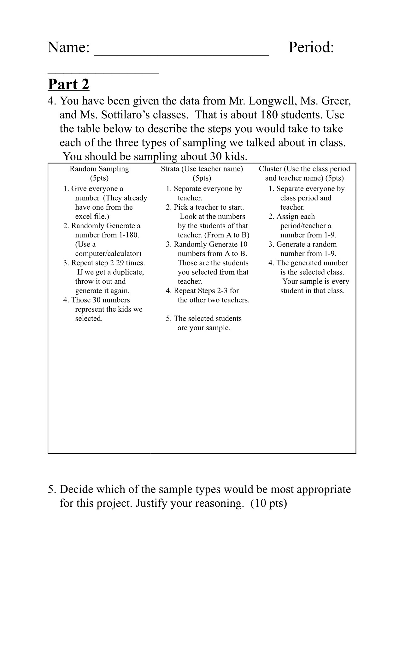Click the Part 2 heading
[x=68, y=84]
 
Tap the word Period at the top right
[x=311, y=47]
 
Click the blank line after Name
[x=181, y=52]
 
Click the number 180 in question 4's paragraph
[x=269, y=115]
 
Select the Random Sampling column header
[x=99, y=169]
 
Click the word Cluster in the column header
[x=270, y=169]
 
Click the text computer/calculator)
[x=108, y=254]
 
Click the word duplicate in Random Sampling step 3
[x=128, y=272]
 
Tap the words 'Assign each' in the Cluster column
[x=296, y=217]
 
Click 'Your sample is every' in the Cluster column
[x=315, y=282]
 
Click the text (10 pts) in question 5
[x=269, y=503]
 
